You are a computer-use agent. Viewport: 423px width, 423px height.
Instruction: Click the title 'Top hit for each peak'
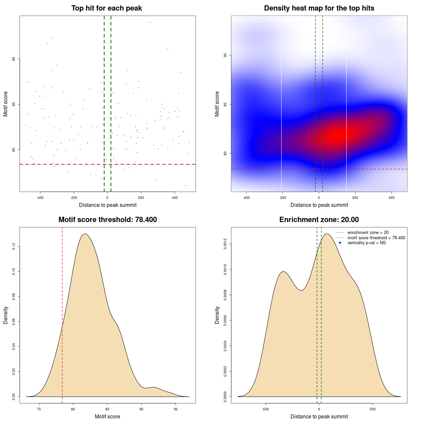click(x=106, y=8)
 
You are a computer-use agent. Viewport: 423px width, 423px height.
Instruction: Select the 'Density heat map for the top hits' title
click(x=319, y=8)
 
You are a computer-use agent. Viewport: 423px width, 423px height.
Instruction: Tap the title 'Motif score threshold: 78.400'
click(x=107, y=220)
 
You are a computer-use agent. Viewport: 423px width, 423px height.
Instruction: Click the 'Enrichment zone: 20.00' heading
click(x=319, y=220)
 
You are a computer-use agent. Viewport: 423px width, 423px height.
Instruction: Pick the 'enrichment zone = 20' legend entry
click(x=368, y=233)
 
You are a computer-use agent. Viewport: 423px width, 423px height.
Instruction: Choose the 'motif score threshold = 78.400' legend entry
click(x=376, y=238)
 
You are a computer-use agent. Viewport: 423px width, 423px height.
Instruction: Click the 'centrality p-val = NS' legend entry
click(x=366, y=243)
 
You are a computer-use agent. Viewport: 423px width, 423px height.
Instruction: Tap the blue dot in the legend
click(x=340, y=243)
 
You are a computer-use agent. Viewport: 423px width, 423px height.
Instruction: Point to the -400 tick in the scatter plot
click(x=40, y=198)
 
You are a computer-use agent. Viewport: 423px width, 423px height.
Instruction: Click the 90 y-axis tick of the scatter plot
click(x=14, y=59)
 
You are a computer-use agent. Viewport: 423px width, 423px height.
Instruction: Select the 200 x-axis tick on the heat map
click(x=355, y=198)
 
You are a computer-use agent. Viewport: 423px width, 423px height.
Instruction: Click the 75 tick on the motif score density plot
click(x=39, y=409)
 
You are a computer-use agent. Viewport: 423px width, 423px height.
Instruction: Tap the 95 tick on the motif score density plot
click(x=175, y=409)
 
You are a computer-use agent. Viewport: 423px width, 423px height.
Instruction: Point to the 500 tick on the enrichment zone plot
click(x=373, y=409)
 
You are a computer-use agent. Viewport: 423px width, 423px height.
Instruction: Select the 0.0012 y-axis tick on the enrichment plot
click(x=225, y=244)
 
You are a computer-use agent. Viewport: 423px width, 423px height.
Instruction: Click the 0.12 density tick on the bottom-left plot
click(x=14, y=247)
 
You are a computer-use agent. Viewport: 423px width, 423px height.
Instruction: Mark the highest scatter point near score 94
click(x=150, y=22)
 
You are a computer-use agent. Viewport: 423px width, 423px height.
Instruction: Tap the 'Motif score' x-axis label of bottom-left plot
click(x=107, y=416)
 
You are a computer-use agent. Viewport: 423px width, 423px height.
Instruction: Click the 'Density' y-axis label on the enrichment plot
click(x=217, y=315)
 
